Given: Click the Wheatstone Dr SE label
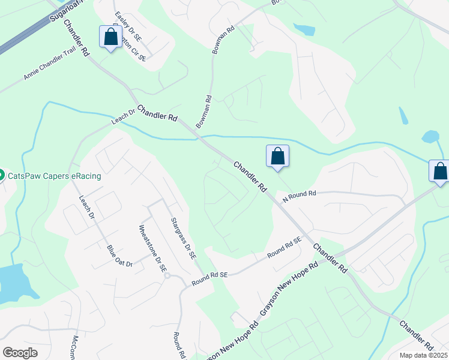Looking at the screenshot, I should (152, 250).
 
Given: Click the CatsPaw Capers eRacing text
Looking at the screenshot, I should (54, 176).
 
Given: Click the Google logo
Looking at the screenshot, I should (20, 352).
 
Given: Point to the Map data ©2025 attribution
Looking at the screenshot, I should (423, 355).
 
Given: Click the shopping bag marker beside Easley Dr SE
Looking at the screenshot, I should (111, 37).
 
